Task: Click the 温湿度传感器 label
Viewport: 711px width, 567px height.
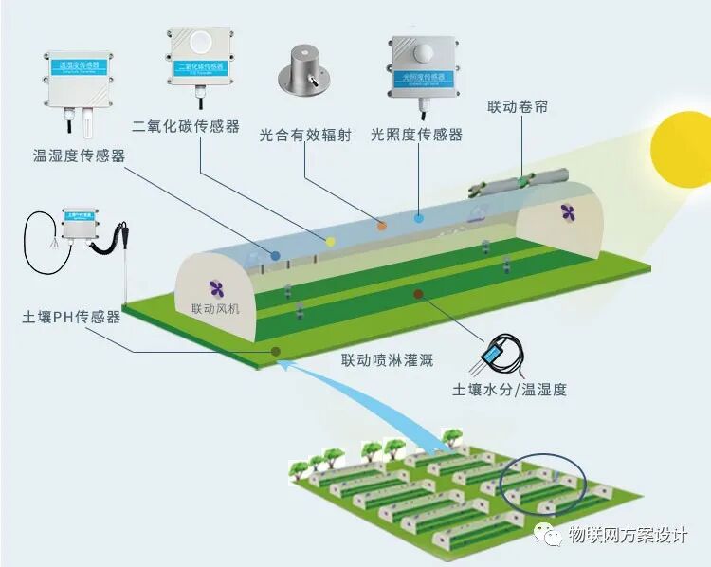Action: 80,155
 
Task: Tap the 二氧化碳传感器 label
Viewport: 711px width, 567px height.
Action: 186,126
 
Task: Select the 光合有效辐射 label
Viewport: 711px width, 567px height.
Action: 305,136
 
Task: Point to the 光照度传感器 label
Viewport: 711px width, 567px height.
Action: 417,136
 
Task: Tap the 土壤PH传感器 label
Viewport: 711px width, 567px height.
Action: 71,317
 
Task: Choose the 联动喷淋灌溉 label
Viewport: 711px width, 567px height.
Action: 387,360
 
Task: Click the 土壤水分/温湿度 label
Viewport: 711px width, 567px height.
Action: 509,389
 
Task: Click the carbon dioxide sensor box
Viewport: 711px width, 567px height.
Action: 202,54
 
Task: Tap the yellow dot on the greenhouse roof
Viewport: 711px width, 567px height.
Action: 331,241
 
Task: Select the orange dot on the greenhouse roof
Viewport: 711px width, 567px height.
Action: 382,225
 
